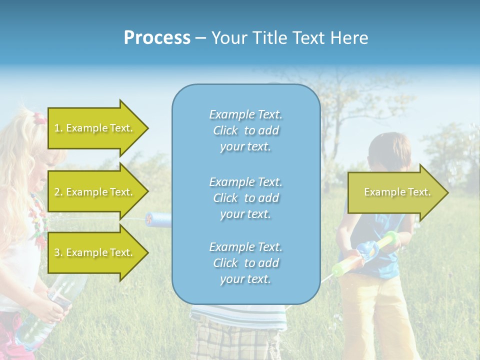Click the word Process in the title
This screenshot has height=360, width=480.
[157, 38]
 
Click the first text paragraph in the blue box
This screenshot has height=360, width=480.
[245, 130]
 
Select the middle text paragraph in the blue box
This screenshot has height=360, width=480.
[245, 197]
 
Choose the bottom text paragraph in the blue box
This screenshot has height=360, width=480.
[245, 263]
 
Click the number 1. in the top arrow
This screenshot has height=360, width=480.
[58, 128]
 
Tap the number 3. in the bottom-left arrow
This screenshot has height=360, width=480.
[58, 252]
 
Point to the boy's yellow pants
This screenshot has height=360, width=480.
[375, 310]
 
